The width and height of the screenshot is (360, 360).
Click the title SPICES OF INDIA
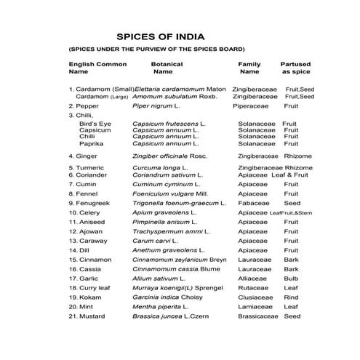coord(160,36)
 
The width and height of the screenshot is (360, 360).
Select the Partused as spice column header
coord(295,68)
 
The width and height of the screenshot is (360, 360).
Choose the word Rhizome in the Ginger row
coord(298,155)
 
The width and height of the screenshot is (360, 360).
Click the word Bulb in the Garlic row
coord(291,278)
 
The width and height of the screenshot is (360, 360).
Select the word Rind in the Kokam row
coord(291,297)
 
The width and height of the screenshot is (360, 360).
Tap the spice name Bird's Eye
coord(95,124)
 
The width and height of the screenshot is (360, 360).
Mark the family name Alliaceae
coord(252,278)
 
